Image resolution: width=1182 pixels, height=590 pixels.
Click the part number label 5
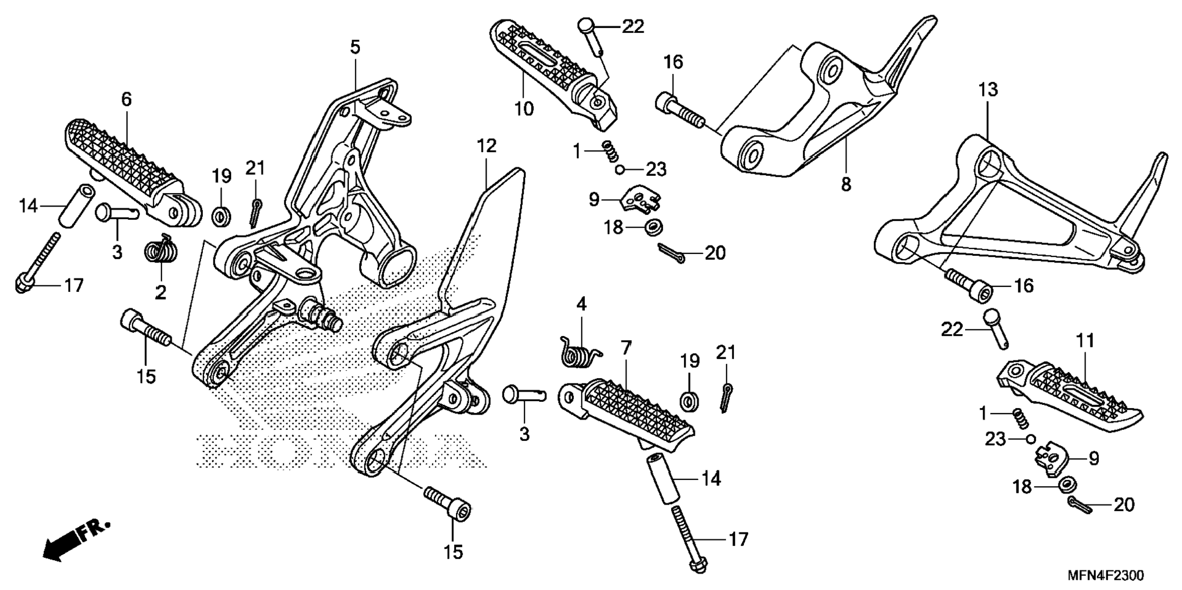tap(355, 47)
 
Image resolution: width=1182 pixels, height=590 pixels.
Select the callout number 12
tap(486, 146)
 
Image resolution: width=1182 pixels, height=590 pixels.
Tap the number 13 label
tap(988, 90)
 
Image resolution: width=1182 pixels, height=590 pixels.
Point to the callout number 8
tap(846, 184)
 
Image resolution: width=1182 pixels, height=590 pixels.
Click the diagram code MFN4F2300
tap(1106, 575)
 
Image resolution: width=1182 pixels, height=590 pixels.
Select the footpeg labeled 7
tap(630, 415)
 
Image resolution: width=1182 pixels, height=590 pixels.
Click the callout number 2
tap(161, 293)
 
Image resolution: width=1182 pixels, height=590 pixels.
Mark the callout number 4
tap(581, 304)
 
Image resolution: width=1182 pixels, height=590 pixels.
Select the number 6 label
tap(126, 99)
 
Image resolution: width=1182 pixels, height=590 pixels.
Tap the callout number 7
tap(626, 349)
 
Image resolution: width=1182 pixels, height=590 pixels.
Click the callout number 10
tap(524, 109)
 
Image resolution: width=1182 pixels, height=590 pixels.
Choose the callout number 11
tap(1085, 340)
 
